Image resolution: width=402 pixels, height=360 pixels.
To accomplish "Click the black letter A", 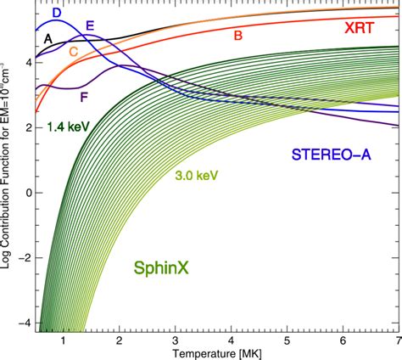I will (49, 38).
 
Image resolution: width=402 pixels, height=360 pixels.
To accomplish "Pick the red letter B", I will (238, 36).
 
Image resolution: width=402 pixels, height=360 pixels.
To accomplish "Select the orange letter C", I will (74, 52).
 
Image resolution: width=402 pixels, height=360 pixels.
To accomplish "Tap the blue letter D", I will (56, 14).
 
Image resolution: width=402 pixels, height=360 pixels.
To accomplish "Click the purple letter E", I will (90, 26).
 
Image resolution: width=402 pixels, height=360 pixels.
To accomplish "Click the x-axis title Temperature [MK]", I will (215, 352).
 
